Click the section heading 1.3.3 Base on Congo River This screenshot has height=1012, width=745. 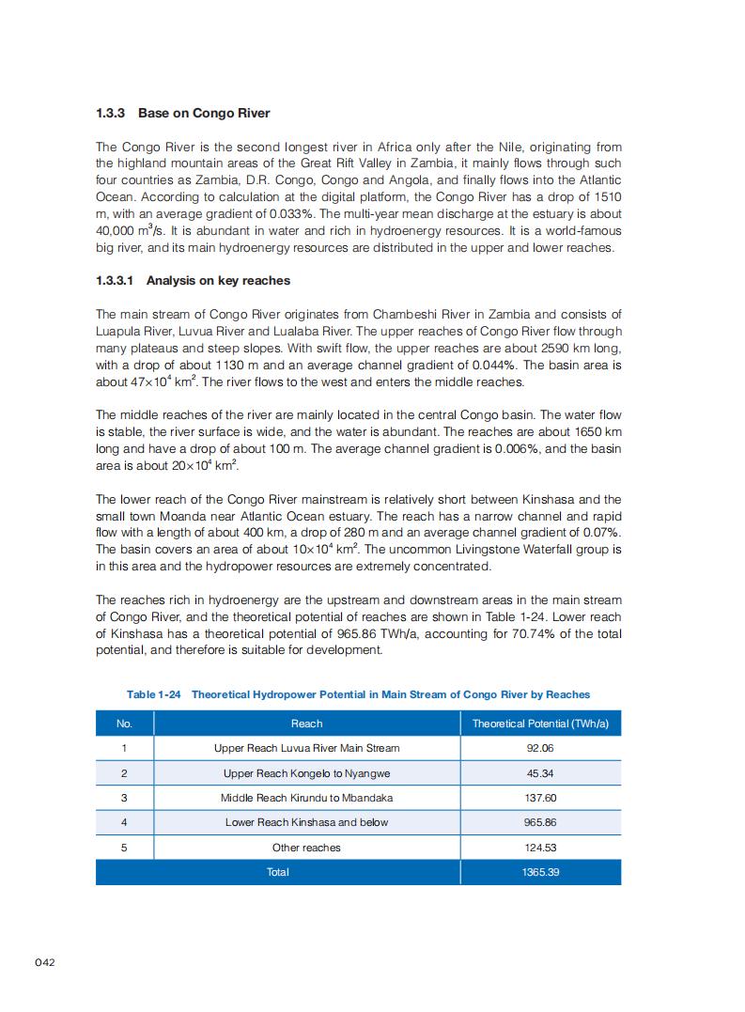(x=182, y=114)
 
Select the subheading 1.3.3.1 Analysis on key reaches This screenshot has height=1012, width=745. (x=193, y=281)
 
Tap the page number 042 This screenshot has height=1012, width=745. (x=47, y=961)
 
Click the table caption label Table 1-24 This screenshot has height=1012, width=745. (x=153, y=694)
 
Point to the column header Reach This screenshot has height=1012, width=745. (x=306, y=724)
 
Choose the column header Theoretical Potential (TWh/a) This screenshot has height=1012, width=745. (x=540, y=724)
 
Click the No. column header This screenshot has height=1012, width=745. (x=124, y=724)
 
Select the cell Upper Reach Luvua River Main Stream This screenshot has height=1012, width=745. (x=306, y=748)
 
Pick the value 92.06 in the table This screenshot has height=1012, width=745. (x=540, y=748)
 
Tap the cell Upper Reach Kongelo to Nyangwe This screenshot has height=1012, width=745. (x=306, y=773)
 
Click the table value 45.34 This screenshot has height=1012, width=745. (x=540, y=773)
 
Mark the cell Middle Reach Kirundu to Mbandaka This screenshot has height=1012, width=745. (x=306, y=798)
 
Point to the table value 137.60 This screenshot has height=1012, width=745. (x=540, y=798)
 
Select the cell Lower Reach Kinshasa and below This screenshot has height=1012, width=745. (x=306, y=822)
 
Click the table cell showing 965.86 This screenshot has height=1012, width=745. (x=540, y=822)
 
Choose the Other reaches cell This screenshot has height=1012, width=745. (x=306, y=848)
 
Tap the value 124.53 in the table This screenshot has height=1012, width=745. (x=540, y=848)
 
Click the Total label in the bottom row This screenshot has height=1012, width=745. (x=278, y=872)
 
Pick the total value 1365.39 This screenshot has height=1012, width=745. (x=540, y=872)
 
